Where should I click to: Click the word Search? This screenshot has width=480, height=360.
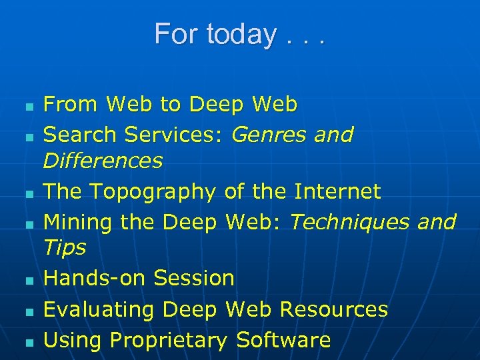[x=80, y=135]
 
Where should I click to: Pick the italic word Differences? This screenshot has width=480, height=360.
[x=103, y=161]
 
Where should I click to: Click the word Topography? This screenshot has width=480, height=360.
[x=153, y=192]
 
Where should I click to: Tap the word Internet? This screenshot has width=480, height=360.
[x=337, y=191]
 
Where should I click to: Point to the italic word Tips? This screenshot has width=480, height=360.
[x=65, y=248]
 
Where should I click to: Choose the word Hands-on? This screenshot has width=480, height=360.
[x=95, y=278]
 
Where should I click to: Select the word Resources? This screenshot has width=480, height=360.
[x=333, y=309]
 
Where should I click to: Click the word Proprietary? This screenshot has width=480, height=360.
[x=169, y=341]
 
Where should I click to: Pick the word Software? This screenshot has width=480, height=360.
[x=283, y=340]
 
